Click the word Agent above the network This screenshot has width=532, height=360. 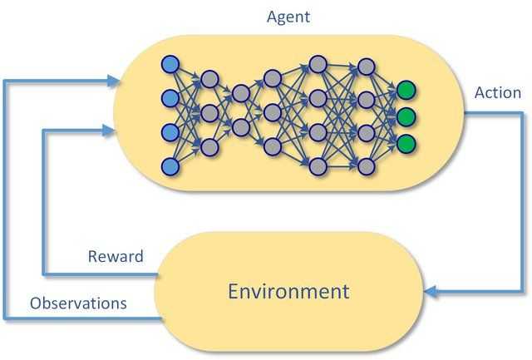click(x=288, y=16)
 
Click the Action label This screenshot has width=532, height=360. click(x=497, y=92)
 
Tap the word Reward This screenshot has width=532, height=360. click(x=116, y=256)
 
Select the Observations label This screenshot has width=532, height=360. click(x=78, y=303)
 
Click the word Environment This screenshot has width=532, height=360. click(x=288, y=291)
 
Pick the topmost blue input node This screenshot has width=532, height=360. click(x=170, y=64)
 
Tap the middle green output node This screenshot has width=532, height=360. click(x=406, y=116)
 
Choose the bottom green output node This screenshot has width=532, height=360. click(x=406, y=142)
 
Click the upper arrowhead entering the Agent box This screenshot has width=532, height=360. click(x=114, y=81)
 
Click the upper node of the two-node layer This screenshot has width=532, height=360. click(x=240, y=93)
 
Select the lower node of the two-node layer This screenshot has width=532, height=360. click(x=240, y=127)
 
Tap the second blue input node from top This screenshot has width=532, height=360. click(x=170, y=98)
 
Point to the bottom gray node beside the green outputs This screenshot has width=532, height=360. click(x=364, y=163)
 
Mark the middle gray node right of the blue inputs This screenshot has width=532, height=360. click(x=209, y=112)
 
